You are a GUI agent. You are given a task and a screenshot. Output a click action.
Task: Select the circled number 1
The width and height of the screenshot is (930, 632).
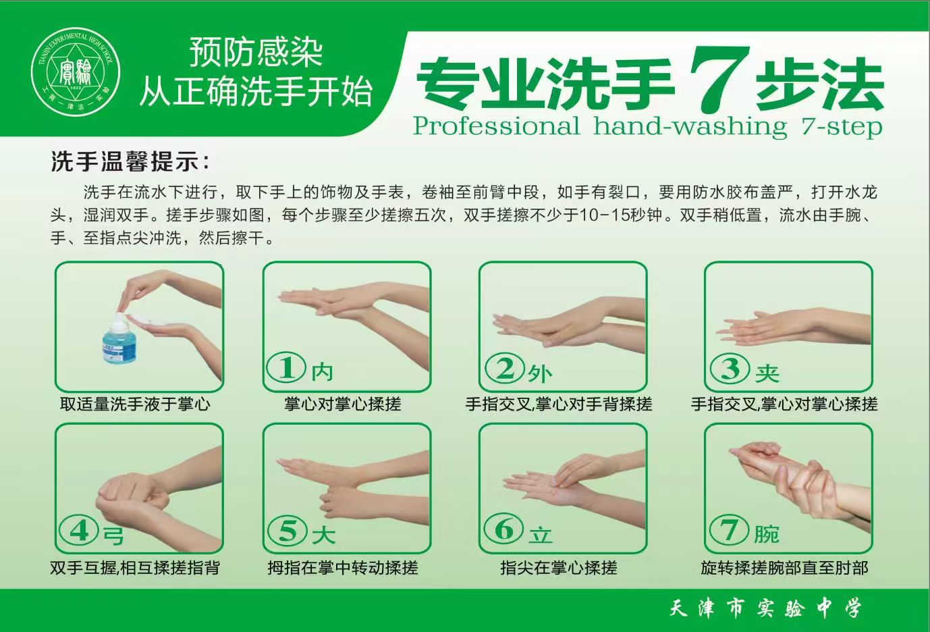[x=286, y=368]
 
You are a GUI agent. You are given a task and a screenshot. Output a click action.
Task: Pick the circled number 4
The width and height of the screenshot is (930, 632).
[x=79, y=531]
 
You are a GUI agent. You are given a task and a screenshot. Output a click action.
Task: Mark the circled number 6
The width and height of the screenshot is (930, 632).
[x=504, y=529]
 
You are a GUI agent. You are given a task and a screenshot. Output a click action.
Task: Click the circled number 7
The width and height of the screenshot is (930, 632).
[x=730, y=530]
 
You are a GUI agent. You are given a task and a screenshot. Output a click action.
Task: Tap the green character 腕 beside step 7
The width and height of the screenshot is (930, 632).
[x=767, y=534]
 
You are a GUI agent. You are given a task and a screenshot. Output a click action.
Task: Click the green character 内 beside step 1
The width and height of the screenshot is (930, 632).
[x=323, y=371]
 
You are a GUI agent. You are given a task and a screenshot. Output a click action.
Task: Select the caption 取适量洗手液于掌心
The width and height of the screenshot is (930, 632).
[x=136, y=404]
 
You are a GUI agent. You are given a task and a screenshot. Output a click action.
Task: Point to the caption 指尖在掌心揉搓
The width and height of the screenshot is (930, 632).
[x=559, y=568]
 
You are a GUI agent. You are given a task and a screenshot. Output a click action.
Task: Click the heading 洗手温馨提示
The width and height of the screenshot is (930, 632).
[x=130, y=161]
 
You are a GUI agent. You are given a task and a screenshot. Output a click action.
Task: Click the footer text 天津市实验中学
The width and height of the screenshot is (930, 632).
[x=765, y=609]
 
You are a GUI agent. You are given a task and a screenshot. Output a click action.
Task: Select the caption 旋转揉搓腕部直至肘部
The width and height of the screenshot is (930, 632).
[x=785, y=568]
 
